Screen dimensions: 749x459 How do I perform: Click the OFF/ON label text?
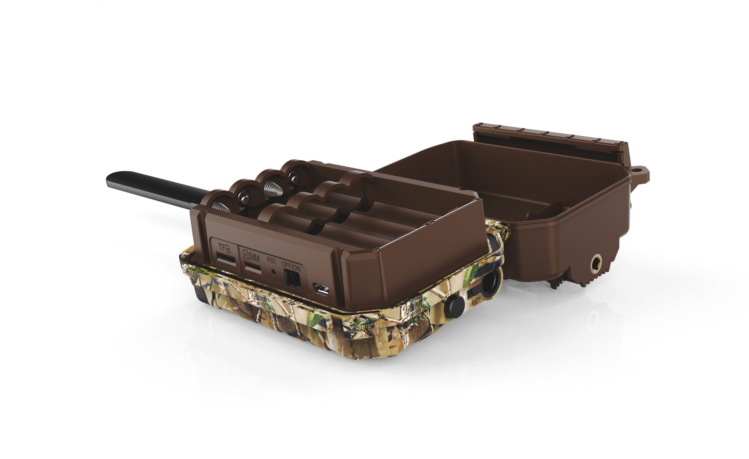point(291,267)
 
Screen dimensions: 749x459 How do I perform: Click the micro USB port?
point(322,288)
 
